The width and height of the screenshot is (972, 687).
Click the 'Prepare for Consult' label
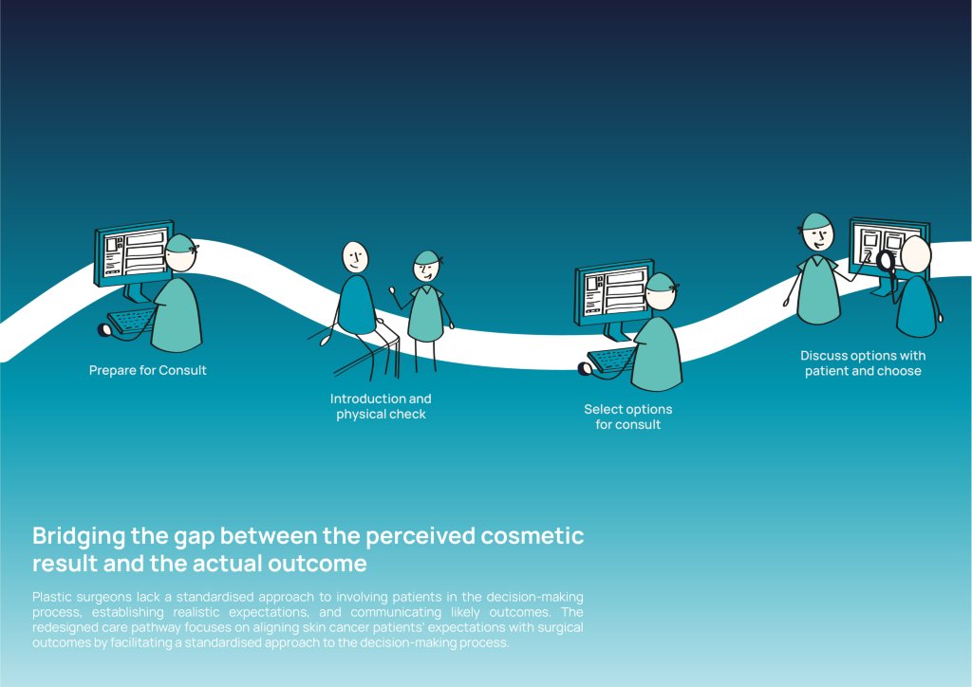pyautogui.click(x=147, y=370)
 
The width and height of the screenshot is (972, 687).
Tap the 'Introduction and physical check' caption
pyautogui.click(x=381, y=406)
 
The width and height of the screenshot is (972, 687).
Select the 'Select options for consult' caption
pyautogui.click(x=628, y=417)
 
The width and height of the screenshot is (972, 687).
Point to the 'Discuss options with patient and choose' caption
pyautogui.click(x=863, y=363)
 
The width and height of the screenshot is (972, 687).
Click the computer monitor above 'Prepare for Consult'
pyautogui.click(x=133, y=252)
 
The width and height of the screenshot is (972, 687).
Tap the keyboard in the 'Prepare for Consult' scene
pyautogui.click(x=132, y=321)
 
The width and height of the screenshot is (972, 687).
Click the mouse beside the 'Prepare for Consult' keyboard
pyautogui.click(x=104, y=329)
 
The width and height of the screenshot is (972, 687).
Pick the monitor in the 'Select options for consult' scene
pyautogui.click(x=614, y=291)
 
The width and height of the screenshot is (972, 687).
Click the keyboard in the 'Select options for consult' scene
pyautogui.click(x=612, y=360)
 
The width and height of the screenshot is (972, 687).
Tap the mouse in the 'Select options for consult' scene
pyautogui.click(x=585, y=369)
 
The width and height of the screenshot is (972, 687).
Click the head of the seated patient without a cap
pyautogui.click(x=355, y=257)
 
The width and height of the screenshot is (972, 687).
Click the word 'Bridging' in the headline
pyautogui.click(x=79, y=536)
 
